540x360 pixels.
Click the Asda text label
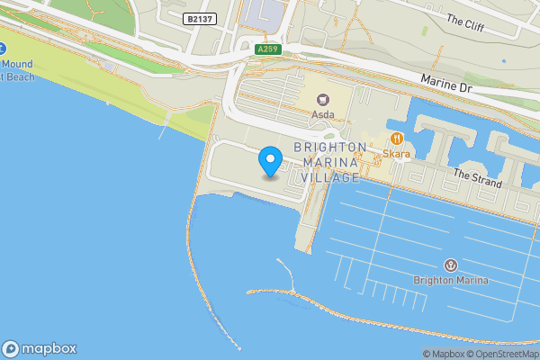322,115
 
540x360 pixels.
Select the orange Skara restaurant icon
396,139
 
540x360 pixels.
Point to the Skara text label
397,154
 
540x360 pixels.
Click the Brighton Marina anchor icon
451,265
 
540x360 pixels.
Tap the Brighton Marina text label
451,280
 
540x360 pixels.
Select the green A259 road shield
266,49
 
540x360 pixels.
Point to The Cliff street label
464,22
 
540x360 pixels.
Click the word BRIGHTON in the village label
323,147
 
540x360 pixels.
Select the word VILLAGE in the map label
330,177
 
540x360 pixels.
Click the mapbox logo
40,348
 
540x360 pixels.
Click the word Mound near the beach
18,65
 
